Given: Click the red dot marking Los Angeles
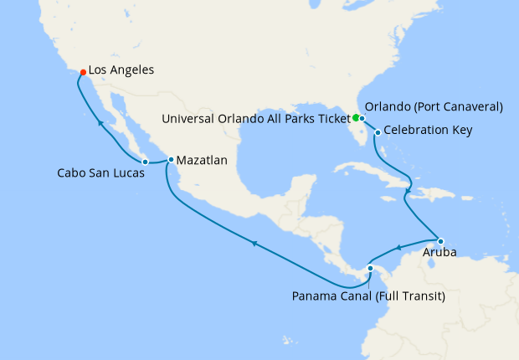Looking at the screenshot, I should pyautogui.click(x=82, y=72).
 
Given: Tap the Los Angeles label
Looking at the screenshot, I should pyautogui.click(x=121, y=71).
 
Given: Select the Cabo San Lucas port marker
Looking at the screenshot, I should pyautogui.click(x=145, y=161).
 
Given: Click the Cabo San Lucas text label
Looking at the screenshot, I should pyautogui.click(x=100, y=174).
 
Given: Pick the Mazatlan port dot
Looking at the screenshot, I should pyautogui.click(x=171, y=159).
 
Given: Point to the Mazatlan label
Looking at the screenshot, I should pyautogui.click(x=202, y=159).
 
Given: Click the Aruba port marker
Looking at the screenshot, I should pyautogui.click(x=440, y=242).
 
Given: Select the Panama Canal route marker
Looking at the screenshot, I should pyautogui.click(x=370, y=268).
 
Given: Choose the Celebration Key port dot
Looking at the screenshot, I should pyautogui.click(x=378, y=132).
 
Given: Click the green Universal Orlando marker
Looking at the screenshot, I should pyautogui.click(x=356, y=117).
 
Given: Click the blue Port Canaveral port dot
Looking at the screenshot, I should pyautogui.click(x=362, y=118).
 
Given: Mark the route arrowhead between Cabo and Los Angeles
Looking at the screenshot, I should pyautogui.click(x=100, y=124).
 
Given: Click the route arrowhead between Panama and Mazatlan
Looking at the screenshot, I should pyautogui.click(x=253, y=243).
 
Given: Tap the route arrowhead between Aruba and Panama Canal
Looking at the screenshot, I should pyautogui.click(x=399, y=247).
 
